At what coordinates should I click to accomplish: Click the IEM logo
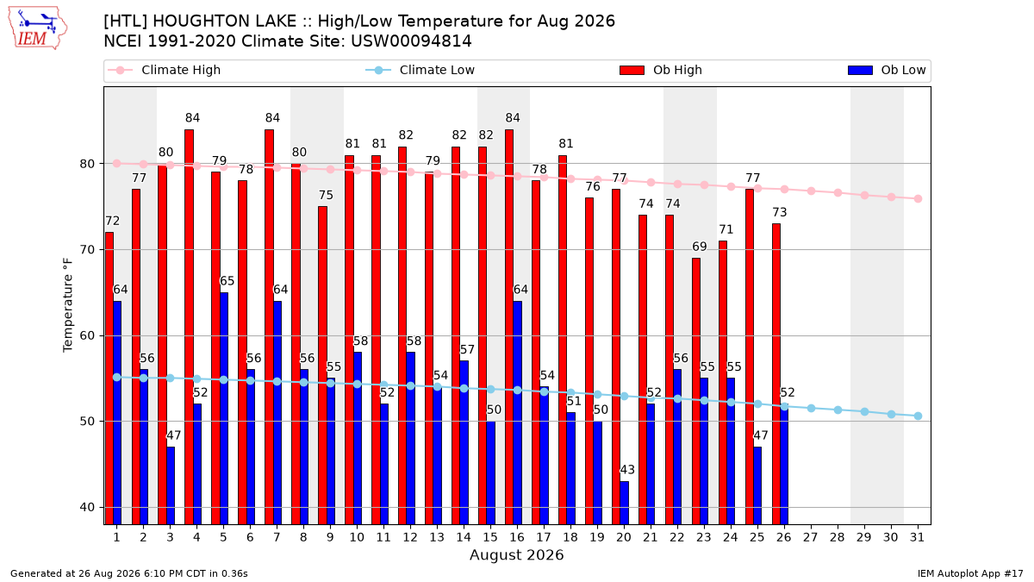[x=38, y=28]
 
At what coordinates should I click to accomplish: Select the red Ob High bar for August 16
[x=509, y=327]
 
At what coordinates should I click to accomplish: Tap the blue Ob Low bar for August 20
[x=624, y=503]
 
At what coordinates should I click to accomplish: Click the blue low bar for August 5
[x=224, y=409]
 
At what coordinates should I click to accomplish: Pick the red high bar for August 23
[x=696, y=391]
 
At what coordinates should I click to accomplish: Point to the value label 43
[x=627, y=470]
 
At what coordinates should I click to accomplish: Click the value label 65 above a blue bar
[x=227, y=281]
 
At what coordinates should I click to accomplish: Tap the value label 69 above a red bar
[x=700, y=247]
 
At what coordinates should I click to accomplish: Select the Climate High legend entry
[x=164, y=70]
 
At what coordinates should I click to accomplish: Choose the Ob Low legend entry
[x=887, y=70]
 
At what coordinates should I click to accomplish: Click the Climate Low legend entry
[x=420, y=70]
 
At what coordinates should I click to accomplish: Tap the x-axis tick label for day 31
[x=917, y=538]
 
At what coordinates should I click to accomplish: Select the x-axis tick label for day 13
[x=437, y=538]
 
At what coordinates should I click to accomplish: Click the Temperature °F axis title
[x=68, y=305]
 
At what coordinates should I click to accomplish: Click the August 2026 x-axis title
[x=516, y=554]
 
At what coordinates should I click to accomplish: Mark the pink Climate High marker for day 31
[x=918, y=199]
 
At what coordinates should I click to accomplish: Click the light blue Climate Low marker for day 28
[x=838, y=410]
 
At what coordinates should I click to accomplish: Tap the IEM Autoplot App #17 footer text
[x=970, y=573]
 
